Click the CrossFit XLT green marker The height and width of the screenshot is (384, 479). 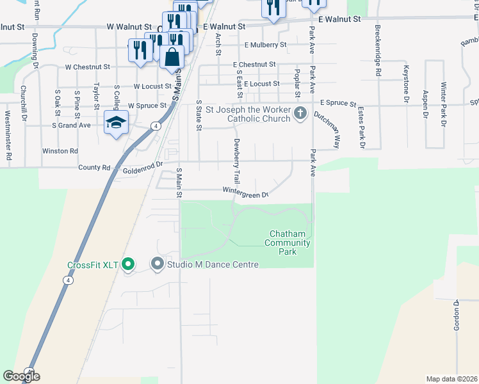click(127, 264)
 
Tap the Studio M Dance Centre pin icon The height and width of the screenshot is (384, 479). click(157, 264)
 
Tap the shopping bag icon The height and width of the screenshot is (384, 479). click(172, 57)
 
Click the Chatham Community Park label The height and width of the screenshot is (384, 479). click(290, 243)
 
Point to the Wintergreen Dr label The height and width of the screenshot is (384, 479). click(245, 191)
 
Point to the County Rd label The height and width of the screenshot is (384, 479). click(94, 168)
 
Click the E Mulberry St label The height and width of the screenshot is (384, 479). click(265, 45)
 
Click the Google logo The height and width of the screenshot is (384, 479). click(21, 376)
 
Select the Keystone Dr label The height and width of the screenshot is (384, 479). click(405, 83)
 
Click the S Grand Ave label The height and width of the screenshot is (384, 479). click(72, 125)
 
